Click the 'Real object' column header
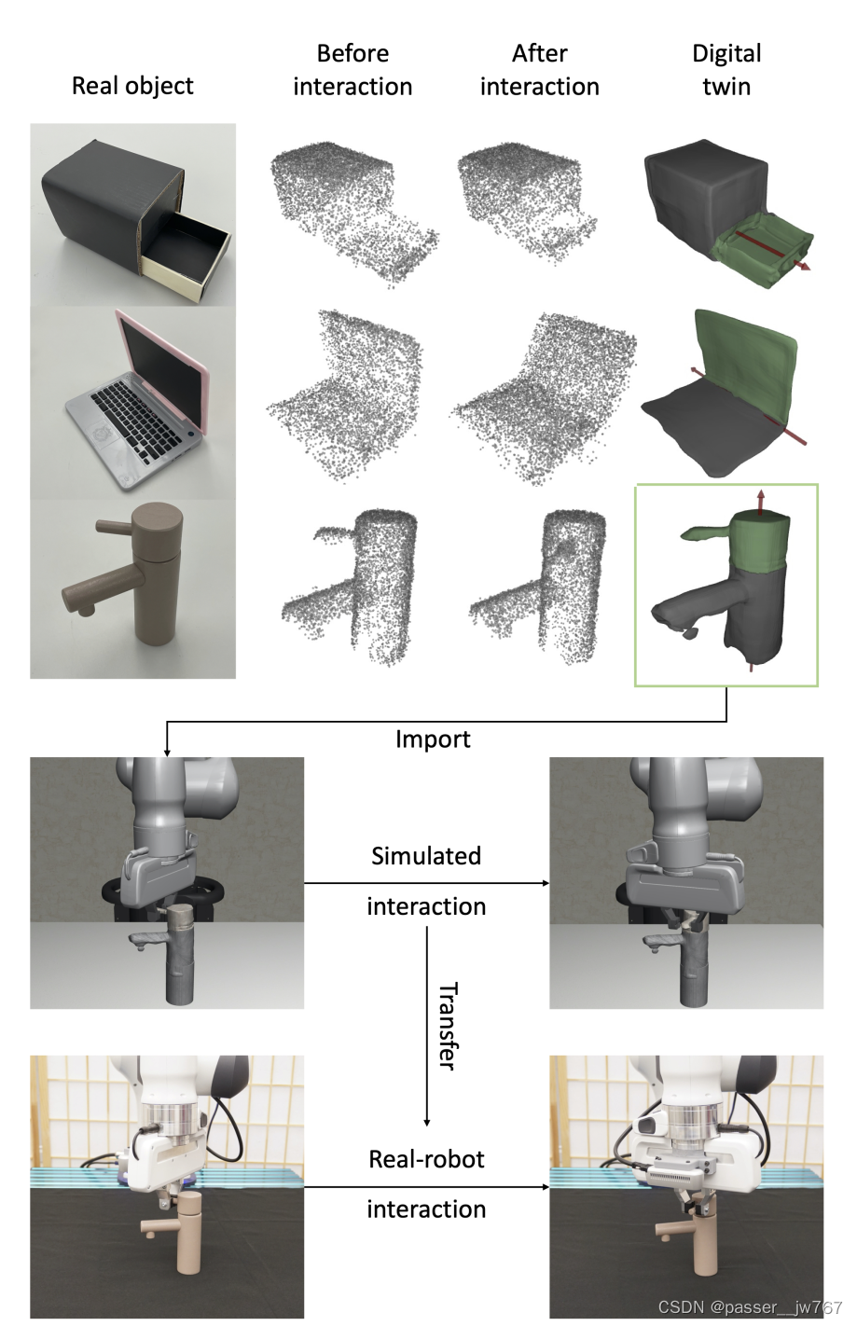[x=132, y=86]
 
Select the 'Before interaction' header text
[x=352, y=70]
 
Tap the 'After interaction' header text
[x=539, y=70]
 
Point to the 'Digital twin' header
[x=726, y=70]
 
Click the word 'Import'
[x=433, y=739]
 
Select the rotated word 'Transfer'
[x=448, y=1025]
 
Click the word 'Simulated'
[x=426, y=856]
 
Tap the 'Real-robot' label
[x=426, y=1159]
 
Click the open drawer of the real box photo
[x=187, y=256]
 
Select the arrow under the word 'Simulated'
[x=426, y=882]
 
